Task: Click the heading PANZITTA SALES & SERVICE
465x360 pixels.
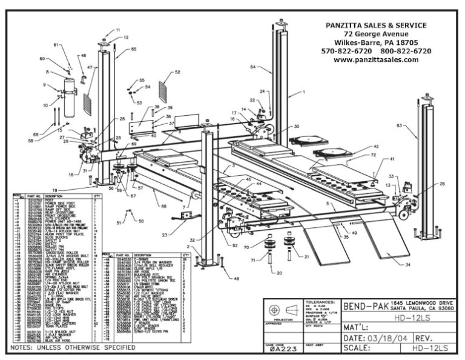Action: point(375,25)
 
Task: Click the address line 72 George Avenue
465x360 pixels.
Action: point(375,34)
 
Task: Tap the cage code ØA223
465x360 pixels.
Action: point(283,349)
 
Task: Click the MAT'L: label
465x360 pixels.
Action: point(358,322)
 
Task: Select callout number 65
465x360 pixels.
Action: point(134,49)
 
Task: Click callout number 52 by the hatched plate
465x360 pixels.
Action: point(177,72)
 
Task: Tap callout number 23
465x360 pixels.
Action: point(165,235)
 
